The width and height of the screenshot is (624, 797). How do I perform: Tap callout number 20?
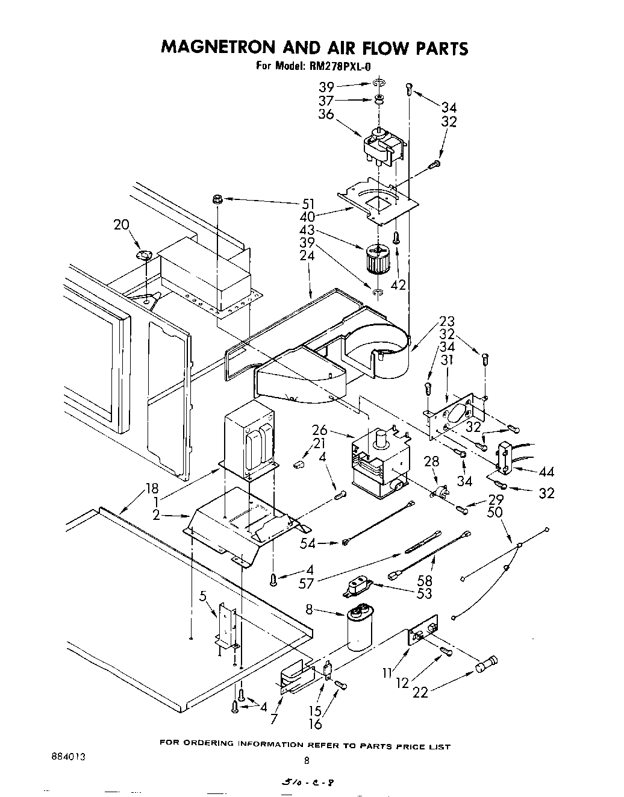point(122,225)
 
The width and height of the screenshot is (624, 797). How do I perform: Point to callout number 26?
point(319,430)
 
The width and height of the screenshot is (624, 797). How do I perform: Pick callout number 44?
point(546,472)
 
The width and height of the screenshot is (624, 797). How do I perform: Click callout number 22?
point(420,692)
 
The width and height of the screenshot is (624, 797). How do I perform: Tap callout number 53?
point(424,593)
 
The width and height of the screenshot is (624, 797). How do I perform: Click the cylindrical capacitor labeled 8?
point(360,630)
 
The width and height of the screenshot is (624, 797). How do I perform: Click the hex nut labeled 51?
point(217,199)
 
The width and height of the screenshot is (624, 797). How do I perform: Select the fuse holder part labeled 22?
point(486,666)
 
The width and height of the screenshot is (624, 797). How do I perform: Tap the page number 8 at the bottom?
point(306,761)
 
